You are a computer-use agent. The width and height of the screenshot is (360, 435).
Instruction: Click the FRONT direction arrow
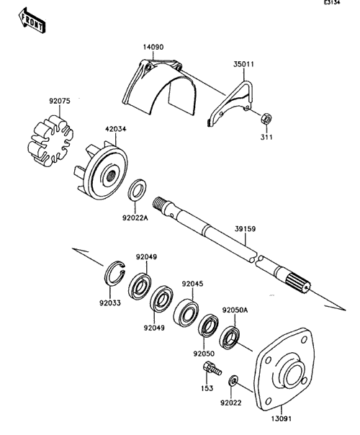point(32,21)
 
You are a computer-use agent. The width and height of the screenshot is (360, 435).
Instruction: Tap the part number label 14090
point(153,47)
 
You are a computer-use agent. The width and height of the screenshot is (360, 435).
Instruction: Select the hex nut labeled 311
point(266,118)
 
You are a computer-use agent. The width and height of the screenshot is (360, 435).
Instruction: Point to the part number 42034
point(115,129)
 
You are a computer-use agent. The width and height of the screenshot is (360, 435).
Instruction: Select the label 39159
point(246,229)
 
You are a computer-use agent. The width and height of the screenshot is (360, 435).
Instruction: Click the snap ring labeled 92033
point(114,273)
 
